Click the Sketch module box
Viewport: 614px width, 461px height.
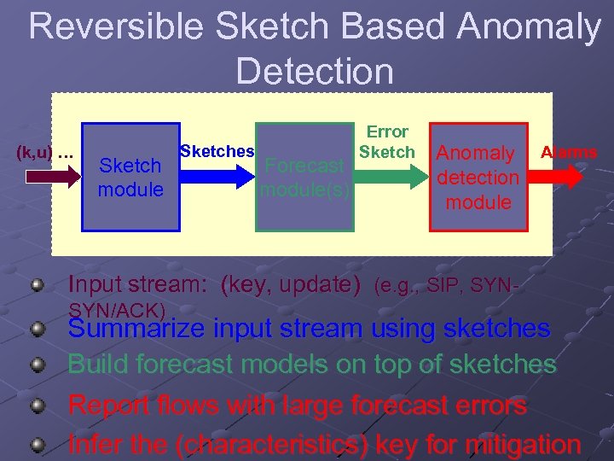(130, 177)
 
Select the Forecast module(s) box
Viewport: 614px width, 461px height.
(305, 177)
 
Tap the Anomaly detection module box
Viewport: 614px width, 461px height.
(478, 177)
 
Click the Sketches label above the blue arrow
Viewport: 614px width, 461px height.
(217, 151)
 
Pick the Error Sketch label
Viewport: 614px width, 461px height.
(387, 142)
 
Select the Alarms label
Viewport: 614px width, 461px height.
(569, 152)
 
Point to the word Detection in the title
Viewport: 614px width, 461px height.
(315, 71)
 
